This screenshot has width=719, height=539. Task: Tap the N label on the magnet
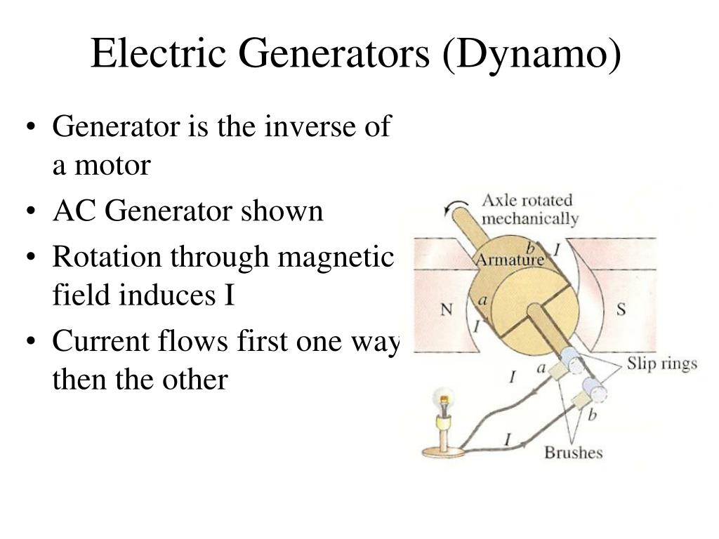coord(446,309)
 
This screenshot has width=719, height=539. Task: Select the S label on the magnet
coord(621,309)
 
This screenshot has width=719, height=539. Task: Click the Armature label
coord(510,260)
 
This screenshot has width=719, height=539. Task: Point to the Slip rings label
coord(662,364)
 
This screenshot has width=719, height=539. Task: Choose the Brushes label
coord(574,452)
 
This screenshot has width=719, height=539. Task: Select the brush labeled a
coord(560,372)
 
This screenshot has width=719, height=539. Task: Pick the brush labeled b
coord(581,401)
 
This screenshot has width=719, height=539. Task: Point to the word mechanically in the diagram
coord(530,218)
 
